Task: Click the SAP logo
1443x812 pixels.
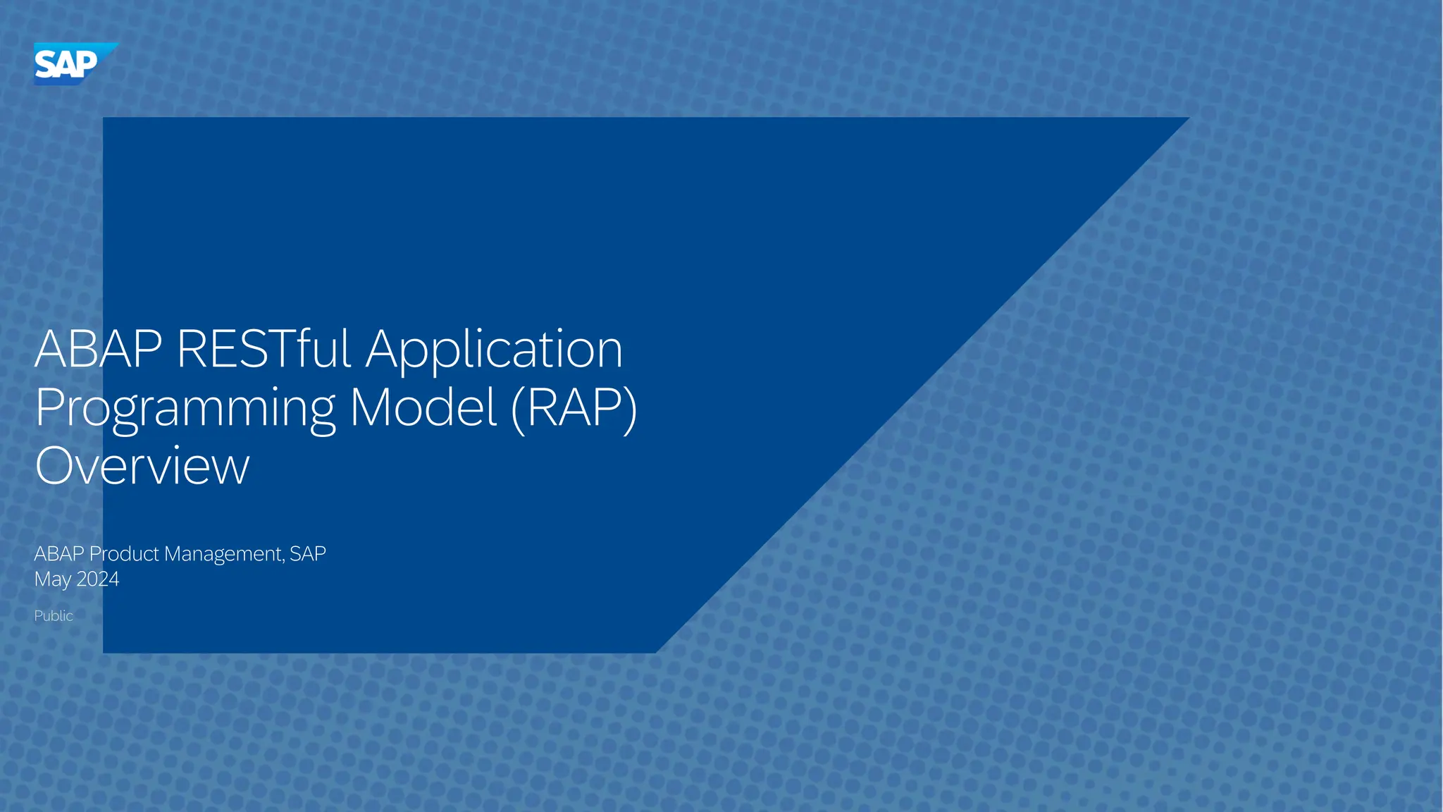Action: pos(75,63)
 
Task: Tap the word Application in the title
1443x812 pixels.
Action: pos(494,350)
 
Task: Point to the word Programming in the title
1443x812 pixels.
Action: pos(185,409)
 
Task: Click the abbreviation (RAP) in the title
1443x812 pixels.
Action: pos(574,408)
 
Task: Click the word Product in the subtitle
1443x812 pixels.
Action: pos(124,554)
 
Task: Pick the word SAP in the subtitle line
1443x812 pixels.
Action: pos(308,554)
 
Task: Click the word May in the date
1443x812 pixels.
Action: pos(53,580)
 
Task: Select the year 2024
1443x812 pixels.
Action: pos(97,579)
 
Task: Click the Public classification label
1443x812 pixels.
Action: pos(54,616)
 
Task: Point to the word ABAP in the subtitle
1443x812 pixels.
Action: pos(59,554)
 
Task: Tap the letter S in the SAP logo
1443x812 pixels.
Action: pos(47,66)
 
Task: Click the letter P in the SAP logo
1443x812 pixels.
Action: pos(86,65)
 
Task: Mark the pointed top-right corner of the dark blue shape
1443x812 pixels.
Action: pos(1188,118)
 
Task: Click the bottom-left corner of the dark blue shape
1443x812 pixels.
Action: pos(104,652)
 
